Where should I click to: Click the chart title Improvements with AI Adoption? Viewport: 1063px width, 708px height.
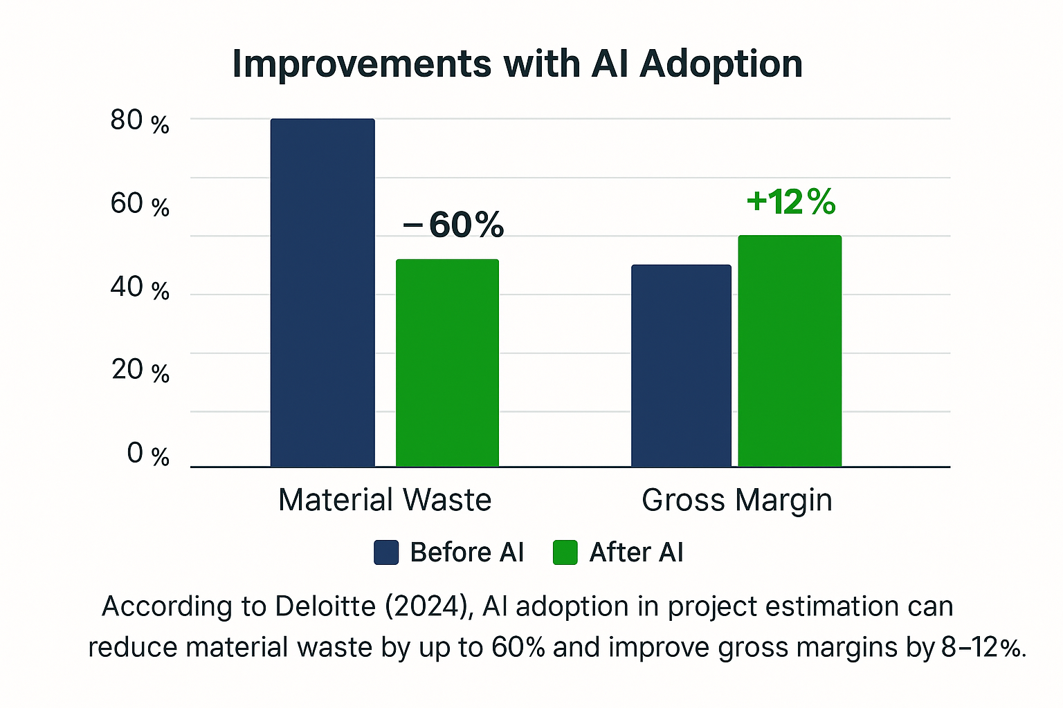click(x=517, y=64)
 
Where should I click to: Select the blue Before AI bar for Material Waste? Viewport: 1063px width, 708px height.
click(x=322, y=293)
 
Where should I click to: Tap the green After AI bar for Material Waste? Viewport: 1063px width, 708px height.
click(x=447, y=363)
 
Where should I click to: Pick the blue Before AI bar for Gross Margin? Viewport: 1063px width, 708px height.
click(x=681, y=366)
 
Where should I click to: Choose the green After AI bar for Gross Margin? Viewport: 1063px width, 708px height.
click(x=790, y=351)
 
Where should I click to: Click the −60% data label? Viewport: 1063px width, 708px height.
click(x=454, y=225)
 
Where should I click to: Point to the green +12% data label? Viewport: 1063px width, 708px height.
click(x=791, y=202)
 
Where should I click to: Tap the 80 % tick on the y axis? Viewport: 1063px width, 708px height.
click(x=140, y=122)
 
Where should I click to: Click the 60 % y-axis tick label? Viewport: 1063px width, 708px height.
click(x=140, y=205)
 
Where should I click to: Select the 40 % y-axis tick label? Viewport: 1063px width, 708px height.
click(x=140, y=288)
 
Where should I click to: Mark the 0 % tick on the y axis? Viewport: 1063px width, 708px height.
click(x=148, y=454)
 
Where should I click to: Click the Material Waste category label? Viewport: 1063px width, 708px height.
click(x=385, y=500)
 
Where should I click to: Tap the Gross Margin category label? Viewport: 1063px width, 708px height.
click(x=736, y=500)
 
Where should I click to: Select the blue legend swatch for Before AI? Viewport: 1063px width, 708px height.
click(x=386, y=552)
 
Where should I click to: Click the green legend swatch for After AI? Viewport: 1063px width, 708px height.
click(x=565, y=552)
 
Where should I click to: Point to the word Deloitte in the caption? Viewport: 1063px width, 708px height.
click(x=325, y=606)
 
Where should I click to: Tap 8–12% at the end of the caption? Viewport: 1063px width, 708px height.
click(x=983, y=648)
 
